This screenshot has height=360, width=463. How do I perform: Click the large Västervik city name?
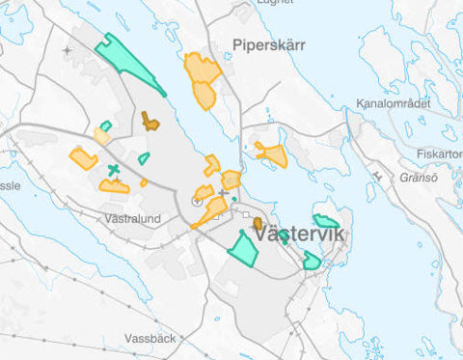click(301, 235)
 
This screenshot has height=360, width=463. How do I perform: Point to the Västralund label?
click(131, 219)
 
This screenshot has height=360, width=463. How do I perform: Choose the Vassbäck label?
click(150, 339)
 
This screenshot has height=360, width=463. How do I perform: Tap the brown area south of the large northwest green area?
click(150, 121)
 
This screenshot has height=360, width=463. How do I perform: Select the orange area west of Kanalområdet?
click(271, 153)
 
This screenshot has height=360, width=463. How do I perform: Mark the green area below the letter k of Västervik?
click(311, 261)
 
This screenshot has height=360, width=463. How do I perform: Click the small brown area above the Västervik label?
click(258, 224)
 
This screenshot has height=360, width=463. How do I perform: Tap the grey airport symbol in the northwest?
click(67, 50)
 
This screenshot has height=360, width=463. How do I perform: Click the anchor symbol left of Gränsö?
click(374, 176)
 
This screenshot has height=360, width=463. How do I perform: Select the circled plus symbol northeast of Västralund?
click(197, 202)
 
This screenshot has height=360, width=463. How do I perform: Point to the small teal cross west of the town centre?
click(114, 171)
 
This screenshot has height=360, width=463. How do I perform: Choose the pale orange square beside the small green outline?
click(101, 137)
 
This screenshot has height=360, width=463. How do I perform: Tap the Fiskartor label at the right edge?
click(440, 153)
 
